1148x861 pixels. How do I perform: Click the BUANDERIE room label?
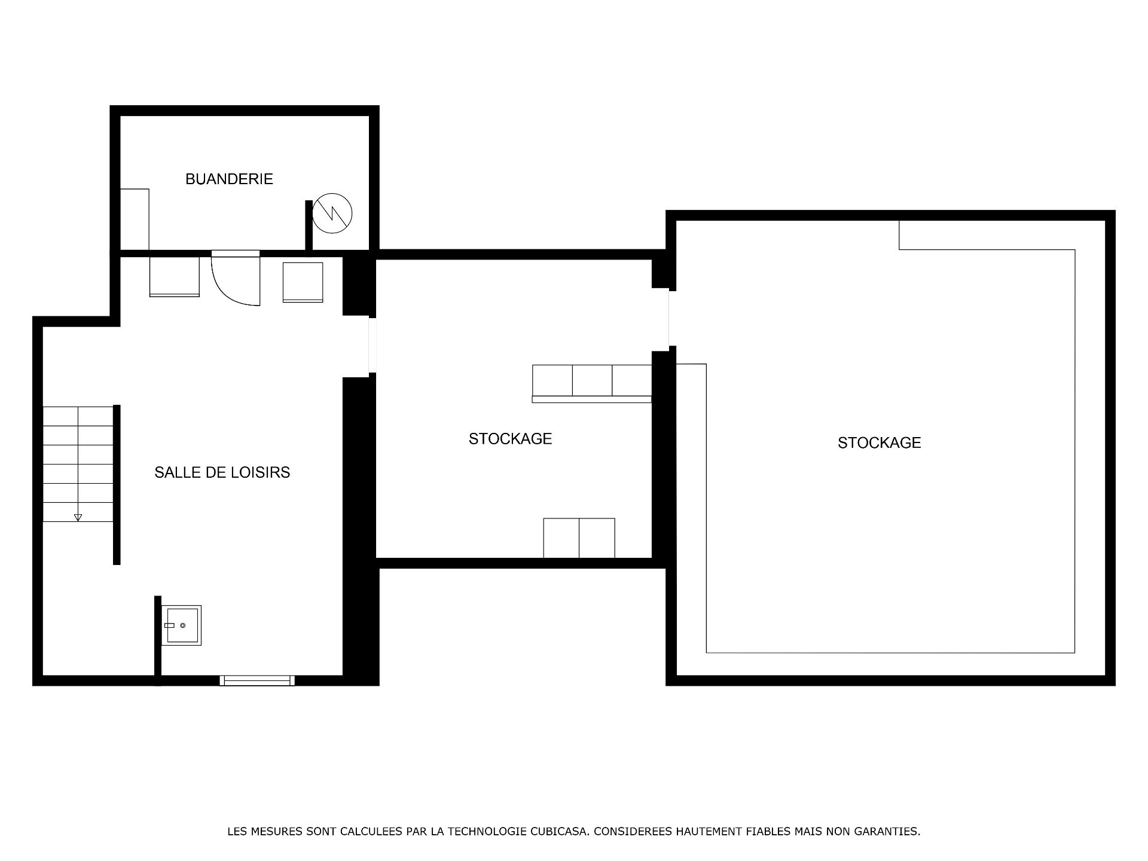click(x=229, y=179)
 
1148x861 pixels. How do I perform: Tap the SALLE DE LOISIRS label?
click(x=222, y=472)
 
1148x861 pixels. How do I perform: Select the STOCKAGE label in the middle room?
click(x=510, y=439)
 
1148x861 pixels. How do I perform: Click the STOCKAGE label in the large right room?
click(x=879, y=442)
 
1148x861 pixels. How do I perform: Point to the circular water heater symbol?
click(x=332, y=213)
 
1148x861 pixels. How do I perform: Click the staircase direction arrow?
click(x=78, y=517)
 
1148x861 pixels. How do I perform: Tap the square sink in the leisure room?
click(x=182, y=625)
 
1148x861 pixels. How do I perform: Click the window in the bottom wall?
click(x=257, y=680)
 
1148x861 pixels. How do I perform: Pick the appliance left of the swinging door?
click(x=174, y=277)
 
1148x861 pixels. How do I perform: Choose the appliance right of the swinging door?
click(x=303, y=282)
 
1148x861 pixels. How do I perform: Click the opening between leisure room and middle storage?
click(x=373, y=346)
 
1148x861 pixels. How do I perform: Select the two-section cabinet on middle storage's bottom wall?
click(x=579, y=538)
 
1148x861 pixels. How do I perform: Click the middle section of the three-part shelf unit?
click(x=592, y=380)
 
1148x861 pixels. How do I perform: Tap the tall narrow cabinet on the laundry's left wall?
click(x=135, y=219)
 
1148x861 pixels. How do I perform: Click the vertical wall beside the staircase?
click(x=117, y=485)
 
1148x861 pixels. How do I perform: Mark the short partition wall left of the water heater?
click(x=309, y=225)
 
